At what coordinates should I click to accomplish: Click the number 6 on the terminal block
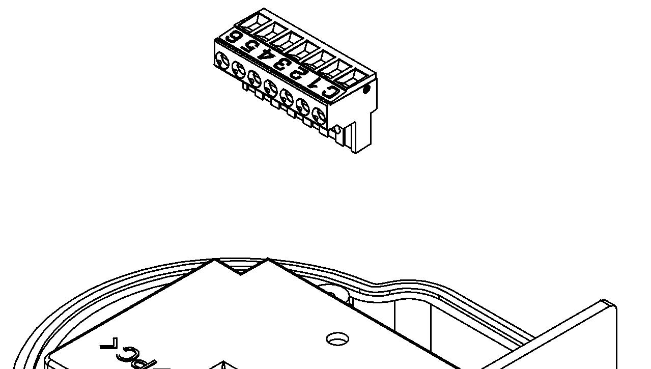[x=234, y=37]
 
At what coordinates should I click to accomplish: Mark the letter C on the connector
[x=330, y=91]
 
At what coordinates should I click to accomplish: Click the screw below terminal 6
[x=222, y=60]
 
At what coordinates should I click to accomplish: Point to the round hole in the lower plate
[x=337, y=338]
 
